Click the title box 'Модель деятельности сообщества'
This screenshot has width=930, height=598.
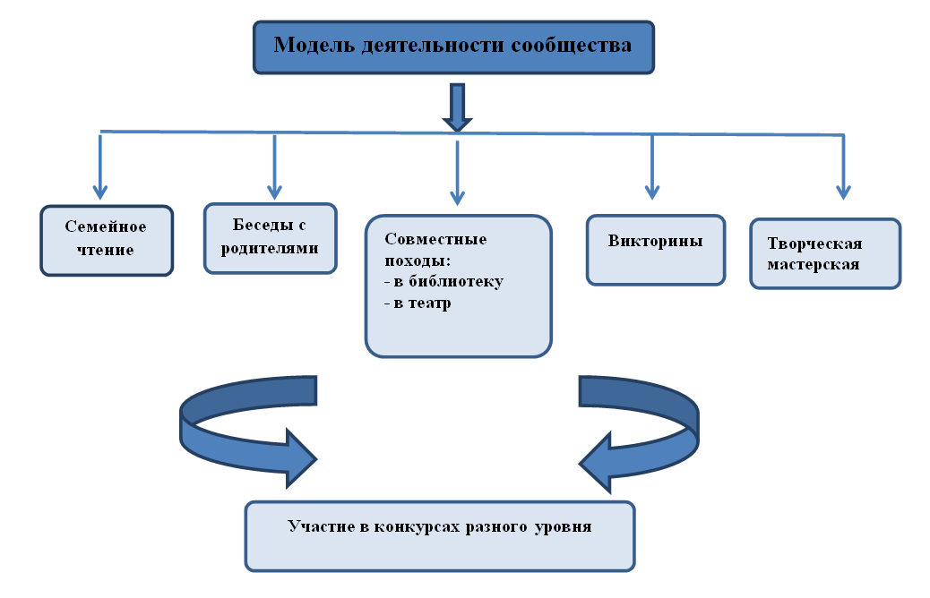(x=452, y=46)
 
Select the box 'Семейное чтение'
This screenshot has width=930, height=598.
(x=106, y=239)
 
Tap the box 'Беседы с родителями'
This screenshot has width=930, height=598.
(x=271, y=237)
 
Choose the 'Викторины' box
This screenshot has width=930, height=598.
(x=655, y=249)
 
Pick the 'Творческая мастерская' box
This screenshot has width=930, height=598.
(x=824, y=253)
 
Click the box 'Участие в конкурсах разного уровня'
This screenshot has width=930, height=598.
(x=440, y=534)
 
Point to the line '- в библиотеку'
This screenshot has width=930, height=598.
(x=443, y=281)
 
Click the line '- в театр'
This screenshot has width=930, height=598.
(x=417, y=303)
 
